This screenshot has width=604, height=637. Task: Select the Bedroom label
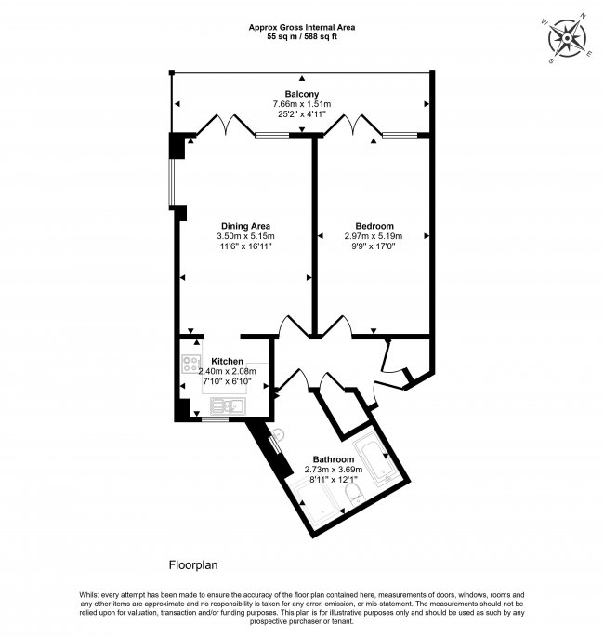(374, 226)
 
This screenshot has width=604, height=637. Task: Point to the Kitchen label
(228, 361)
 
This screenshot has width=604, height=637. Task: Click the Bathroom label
(333, 459)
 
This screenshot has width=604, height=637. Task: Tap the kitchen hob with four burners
(191, 368)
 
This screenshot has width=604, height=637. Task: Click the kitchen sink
(224, 405)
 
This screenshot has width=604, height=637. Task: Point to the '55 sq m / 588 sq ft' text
(302, 37)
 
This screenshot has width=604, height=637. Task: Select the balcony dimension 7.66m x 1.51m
(302, 105)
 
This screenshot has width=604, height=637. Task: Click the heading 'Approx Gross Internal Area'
(302, 26)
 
